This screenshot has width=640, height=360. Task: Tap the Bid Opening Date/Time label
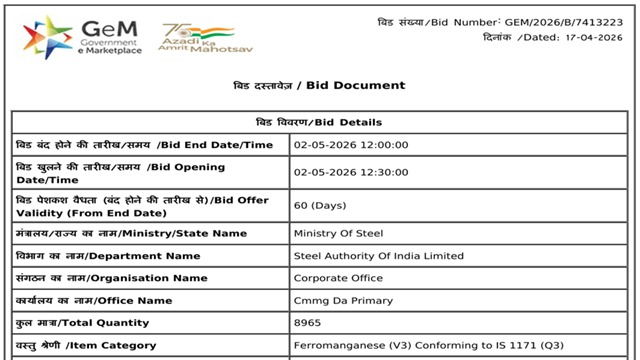tap(120, 173)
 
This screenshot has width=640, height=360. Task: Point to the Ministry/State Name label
tap(131, 234)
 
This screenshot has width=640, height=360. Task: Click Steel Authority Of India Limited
tap(379, 256)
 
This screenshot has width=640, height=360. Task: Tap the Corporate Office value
tap(336, 278)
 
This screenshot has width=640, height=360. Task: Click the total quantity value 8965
tap(309, 322)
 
